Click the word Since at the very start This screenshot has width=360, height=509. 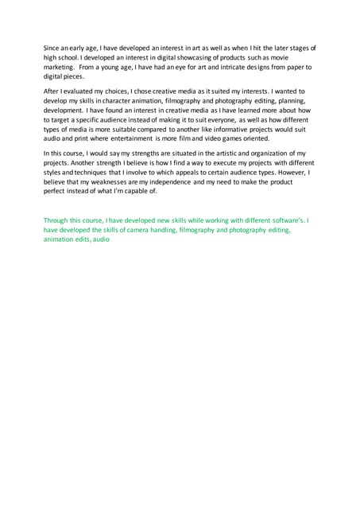click(51, 49)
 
